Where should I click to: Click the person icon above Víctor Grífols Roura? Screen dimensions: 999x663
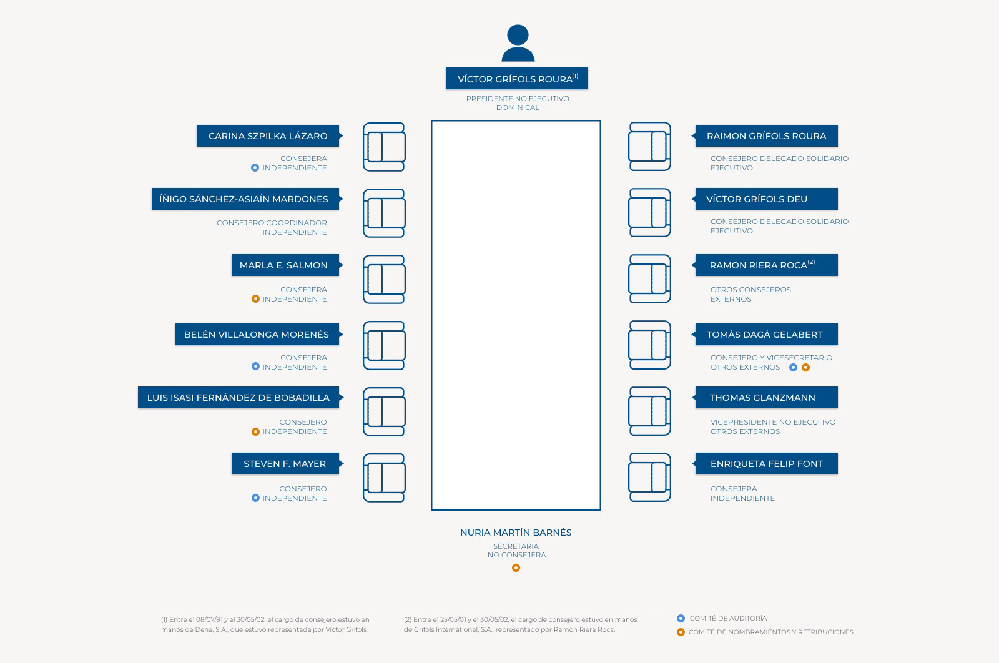518,43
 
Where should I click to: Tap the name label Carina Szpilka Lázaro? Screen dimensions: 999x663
268,136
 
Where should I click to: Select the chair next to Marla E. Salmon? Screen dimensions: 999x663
384,279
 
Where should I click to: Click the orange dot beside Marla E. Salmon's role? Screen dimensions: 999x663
255,299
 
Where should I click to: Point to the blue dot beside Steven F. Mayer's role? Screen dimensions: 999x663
255,498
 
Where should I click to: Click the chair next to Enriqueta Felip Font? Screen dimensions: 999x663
650,477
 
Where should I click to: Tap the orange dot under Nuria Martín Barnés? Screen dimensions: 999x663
516,567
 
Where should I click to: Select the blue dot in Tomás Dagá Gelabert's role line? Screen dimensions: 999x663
793,367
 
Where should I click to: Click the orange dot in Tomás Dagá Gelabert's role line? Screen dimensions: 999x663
805,367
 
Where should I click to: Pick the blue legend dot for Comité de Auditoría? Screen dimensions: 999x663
681,618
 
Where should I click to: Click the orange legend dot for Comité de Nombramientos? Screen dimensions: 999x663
681,632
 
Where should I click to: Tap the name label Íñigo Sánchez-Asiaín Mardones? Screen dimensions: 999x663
246,199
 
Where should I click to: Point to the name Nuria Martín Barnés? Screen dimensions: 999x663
516,533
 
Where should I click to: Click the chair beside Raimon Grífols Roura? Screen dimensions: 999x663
650,146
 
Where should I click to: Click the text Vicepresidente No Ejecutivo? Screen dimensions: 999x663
773,422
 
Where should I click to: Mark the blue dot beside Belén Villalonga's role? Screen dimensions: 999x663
255,366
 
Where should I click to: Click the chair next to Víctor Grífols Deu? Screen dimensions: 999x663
650,213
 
